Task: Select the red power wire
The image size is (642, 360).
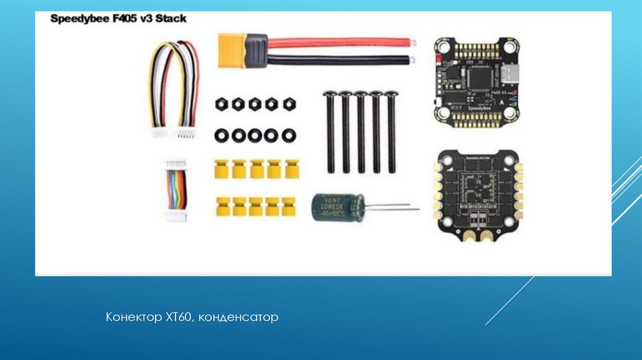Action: (339, 43)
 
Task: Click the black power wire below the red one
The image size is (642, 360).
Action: (339, 61)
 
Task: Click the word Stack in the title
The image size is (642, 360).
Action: (171, 19)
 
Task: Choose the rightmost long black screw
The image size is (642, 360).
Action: (392, 132)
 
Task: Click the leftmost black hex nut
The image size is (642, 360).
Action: (221, 104)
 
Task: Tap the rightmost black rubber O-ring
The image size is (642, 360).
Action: (288, 135)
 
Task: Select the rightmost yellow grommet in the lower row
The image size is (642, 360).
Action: (288, 205)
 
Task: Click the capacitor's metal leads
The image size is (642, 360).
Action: (392, 208)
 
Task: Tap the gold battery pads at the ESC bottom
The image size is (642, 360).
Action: (476, 236)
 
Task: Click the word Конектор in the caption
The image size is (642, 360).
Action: (133, 318)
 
